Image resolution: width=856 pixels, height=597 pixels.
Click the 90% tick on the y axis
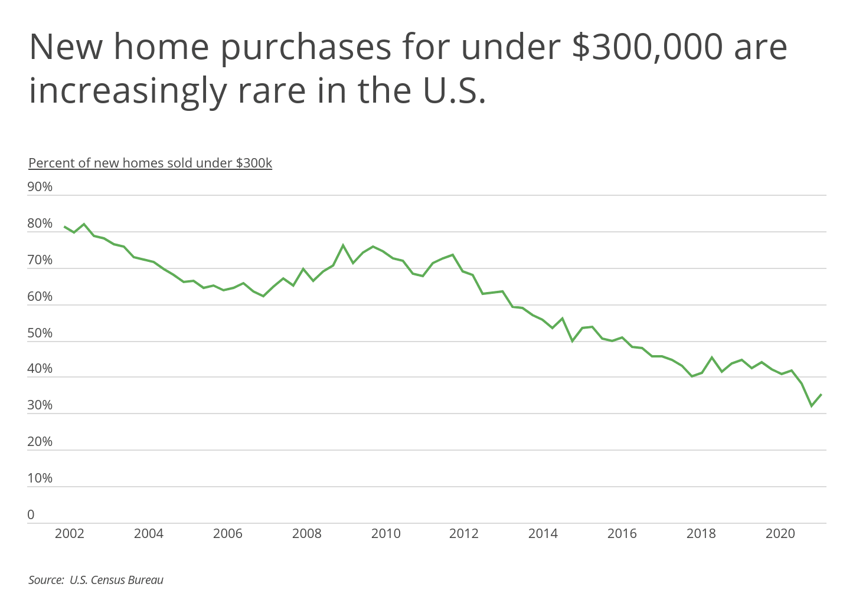tap(40, 187)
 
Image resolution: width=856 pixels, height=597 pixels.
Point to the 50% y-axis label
tap(40, 333)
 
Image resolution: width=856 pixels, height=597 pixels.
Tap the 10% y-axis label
tap(40, 478)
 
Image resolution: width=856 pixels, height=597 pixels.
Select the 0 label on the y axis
tap(31, 515)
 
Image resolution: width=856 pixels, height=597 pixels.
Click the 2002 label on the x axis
tap(69, 534)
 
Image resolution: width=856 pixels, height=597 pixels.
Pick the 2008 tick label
tap(306, 534)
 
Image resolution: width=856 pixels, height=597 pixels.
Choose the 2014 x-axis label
tap(543, 534)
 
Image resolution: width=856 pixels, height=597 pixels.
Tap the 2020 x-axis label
tap(780, 534)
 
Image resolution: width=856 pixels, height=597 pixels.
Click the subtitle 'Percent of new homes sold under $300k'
tap(150, 163)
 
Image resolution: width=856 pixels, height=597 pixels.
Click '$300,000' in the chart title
tap(647, 47)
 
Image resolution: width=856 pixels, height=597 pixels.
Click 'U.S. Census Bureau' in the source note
tap(116, 580)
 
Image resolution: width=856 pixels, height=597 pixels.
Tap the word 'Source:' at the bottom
tap(46, 580)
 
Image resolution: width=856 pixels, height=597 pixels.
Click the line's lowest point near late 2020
tap(811, 406)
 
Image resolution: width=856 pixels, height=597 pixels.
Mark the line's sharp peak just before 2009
tap(343, 245)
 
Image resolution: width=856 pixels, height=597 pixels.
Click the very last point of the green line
tap(821, 394)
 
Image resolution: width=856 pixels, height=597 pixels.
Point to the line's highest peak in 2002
tap(84, 224)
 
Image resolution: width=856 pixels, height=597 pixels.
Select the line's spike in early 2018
tap(712, 357)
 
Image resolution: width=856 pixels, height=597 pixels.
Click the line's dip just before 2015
tap(572, 341)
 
